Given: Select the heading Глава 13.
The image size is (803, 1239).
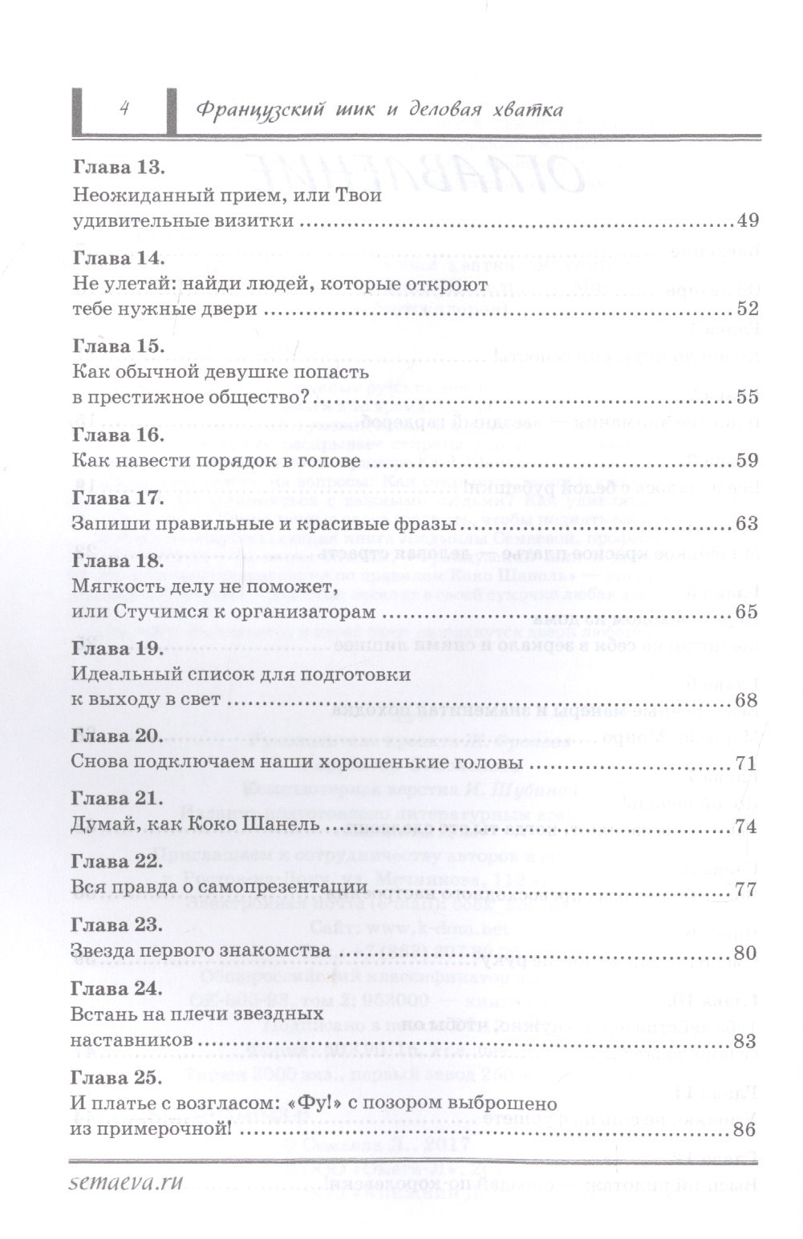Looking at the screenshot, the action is point(118,168).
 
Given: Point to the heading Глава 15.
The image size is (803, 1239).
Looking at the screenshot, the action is point(118,345).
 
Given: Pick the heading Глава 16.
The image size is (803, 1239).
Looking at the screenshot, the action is point(118,434).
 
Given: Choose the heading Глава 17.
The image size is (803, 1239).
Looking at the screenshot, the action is point(118,498).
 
